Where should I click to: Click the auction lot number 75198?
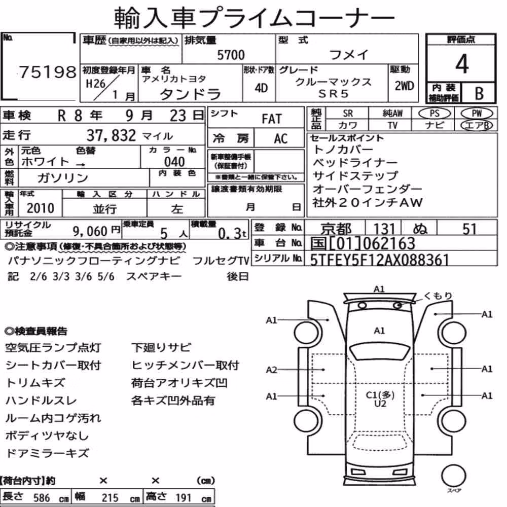(x=48, y=72)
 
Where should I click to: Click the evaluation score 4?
(x=462, y=64)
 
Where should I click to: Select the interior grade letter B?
(x=479, y=93)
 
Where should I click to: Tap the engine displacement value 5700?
(x=231, y=55)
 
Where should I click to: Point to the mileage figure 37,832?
(x=111, y=135)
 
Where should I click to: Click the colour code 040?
(x=174, y=162)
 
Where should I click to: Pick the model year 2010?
(x=41, y=208)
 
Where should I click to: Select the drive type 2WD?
(x=404, y=86)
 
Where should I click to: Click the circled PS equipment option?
(x=434, y=113)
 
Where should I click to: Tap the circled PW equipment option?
(x=477, y=113)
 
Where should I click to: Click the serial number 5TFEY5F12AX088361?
(x=380, y=259)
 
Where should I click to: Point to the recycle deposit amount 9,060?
(x=90, y=231)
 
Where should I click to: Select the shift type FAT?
(x=272, y=119)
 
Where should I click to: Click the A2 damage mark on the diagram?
(x=271, y=370)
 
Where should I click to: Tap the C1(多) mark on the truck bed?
(x=380, y=395)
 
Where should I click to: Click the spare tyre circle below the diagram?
(x=453, y=476)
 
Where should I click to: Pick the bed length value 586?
(x=42, y=498)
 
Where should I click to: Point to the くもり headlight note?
(x=438, y=296)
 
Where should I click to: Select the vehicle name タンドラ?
(x=191, y=94)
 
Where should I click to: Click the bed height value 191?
(x=184, y=498)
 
